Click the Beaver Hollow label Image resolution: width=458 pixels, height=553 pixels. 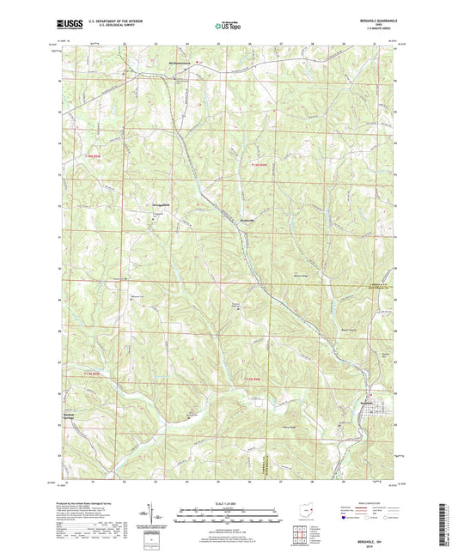click(x=350, y=328)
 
